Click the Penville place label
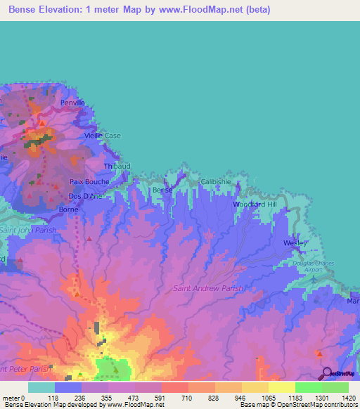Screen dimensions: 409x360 click(72, 103)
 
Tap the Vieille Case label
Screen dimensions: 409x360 click(103, 135)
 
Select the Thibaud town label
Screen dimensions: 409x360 click(117, 166)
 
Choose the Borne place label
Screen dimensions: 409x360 click(68, 209)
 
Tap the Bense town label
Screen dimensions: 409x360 click(162, 190)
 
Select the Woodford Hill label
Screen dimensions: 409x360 click(256, 204)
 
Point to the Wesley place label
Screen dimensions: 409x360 click(295, 242)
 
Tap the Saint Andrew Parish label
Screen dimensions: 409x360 click(208, 288)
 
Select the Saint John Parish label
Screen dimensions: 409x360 click(27, 230)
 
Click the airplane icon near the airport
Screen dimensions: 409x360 click(312, 279)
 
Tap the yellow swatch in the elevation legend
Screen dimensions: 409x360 click(281, 387)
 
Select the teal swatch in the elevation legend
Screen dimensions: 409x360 click(41, 387)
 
